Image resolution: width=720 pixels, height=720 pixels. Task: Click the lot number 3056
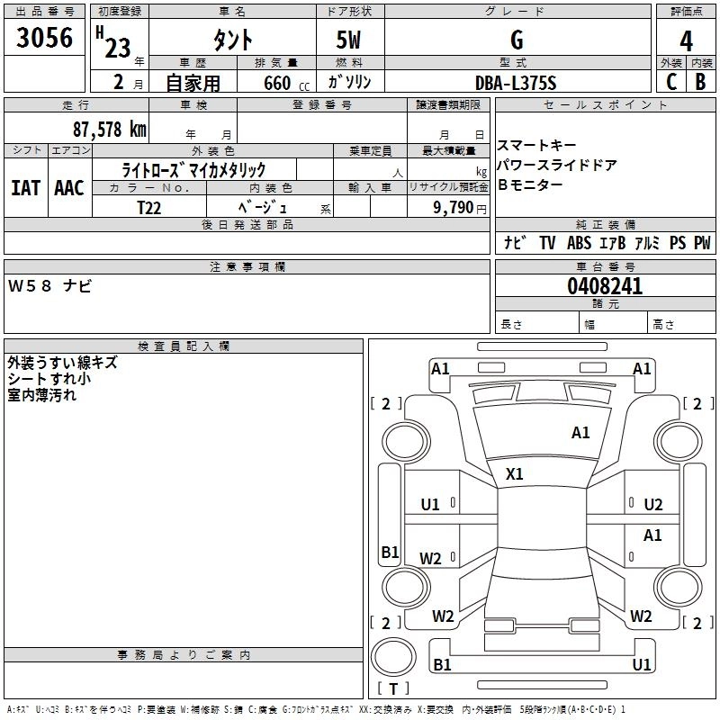(45, 38)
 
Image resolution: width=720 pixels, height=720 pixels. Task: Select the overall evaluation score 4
(687, 40)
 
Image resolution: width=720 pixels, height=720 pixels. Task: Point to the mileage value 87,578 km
(108, 129)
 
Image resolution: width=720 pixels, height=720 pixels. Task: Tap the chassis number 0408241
(605, 286)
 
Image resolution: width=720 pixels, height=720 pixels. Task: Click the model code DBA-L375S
(516, 83)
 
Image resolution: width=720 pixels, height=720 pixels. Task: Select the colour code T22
(149, 207)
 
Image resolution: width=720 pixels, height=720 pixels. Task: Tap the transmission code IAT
(26, 187)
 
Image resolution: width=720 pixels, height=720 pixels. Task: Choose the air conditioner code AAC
(69, 187)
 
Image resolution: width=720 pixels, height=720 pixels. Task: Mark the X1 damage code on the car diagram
(515, 473)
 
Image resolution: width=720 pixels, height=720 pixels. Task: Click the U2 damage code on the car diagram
(653, 504)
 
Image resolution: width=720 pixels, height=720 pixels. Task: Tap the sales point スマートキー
(536, 146)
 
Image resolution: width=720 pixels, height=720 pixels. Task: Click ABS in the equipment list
(580, 243)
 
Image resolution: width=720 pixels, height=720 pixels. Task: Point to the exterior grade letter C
(670, 82)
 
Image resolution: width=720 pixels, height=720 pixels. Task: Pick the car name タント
(232, 40)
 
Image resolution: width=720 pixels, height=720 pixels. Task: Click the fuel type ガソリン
(349, 83)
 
